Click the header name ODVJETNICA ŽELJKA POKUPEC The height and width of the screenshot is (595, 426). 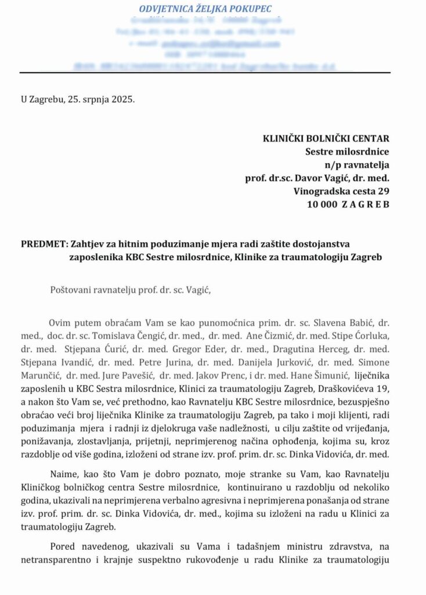pyautogui.click(x=205, y=9)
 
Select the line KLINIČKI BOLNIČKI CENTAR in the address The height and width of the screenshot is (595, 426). pyautogui.click(x=326, y=138)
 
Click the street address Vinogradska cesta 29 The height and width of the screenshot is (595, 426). pyautogui.click(x=342, y=191)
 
